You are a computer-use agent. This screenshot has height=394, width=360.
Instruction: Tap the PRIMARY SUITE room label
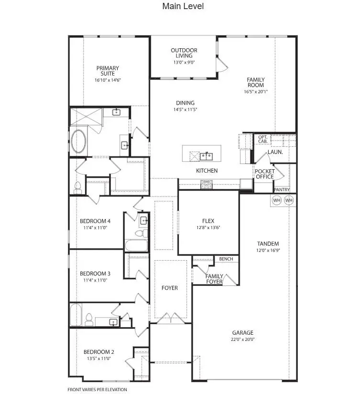(x=108, y=68)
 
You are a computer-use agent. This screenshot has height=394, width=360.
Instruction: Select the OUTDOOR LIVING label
(x=184, y=53)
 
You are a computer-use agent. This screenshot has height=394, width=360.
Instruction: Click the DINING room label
(x=185, y=103)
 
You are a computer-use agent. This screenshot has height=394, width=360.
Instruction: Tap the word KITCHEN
(x=207, y=171)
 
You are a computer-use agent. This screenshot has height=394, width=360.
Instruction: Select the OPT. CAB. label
(x=263, y=139)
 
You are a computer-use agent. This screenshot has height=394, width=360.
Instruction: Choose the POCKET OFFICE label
(x=264, y=174)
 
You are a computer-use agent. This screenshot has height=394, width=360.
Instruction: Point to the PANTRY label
(x=282, y=189)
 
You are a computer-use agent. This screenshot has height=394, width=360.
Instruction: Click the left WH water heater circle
(x=277, y=200)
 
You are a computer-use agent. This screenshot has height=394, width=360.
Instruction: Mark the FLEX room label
(x=207, y=221)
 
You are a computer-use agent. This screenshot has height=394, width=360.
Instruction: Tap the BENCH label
(x=226, y=259)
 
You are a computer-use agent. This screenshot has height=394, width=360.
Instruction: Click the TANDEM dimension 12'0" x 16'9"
(x=267, y=250)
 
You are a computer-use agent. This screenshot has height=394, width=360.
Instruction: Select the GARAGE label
(x=243, y=333)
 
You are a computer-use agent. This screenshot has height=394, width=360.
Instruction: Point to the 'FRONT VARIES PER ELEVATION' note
(x=98, y=390)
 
